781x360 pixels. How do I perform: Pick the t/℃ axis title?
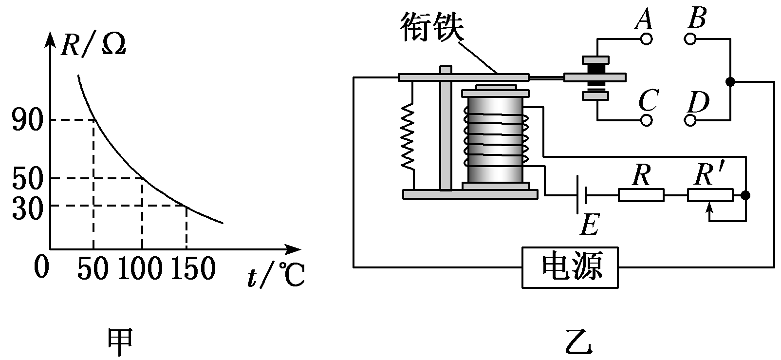point(275,277)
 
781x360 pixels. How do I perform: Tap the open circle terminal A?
point(646,39)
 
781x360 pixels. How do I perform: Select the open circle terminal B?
point(691,39)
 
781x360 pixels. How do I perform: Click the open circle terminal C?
point(646,120)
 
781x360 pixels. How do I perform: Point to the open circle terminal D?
point(691,120)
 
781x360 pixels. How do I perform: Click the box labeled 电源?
point(571,267)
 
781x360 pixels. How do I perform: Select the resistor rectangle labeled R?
point(641,195)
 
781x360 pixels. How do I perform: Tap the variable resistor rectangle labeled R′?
point(710,195)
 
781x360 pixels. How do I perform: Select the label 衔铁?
point(432,28)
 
